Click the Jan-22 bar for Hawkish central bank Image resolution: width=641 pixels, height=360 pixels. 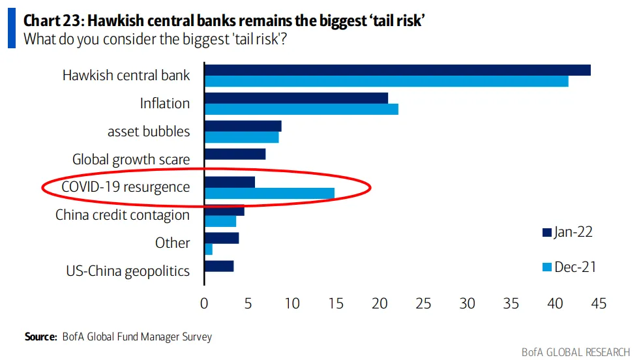click(x=397, y=70)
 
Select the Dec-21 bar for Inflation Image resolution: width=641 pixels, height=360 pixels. click(x=301, y=109)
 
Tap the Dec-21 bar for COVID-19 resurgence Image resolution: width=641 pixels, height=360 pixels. click(x=269, y=193)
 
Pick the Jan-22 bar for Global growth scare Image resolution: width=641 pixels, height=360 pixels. click(x=235, y=154)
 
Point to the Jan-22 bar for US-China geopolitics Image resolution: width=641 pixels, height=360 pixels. click(x=219, y=265)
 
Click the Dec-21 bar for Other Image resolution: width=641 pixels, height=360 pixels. click(x=209, y=249)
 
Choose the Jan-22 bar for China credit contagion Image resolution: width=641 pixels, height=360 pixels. click(x=224, y=210)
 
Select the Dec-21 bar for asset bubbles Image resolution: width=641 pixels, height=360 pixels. click(x=241, y=137)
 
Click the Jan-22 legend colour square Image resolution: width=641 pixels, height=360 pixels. click(x=546, y=232)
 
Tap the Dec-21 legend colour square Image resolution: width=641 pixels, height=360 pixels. click(x=546, y=267)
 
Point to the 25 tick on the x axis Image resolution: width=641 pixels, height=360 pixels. click(x=423, y=303)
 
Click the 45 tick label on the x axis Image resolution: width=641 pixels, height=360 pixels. click(x=598, y=303)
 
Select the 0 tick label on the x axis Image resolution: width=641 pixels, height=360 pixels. click(x=204, y=303)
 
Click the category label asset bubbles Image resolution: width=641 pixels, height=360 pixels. click(x=149, y=132)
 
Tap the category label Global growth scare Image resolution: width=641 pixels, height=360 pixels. click(x=131, y=160)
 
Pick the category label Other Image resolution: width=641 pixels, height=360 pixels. click(x=173, y=243)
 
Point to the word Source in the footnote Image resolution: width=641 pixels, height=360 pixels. click(x=40, y=337)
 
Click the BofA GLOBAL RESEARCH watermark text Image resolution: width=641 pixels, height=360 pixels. click(x=576, y=352)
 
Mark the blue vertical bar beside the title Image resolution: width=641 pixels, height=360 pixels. click(x=11, y=29)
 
